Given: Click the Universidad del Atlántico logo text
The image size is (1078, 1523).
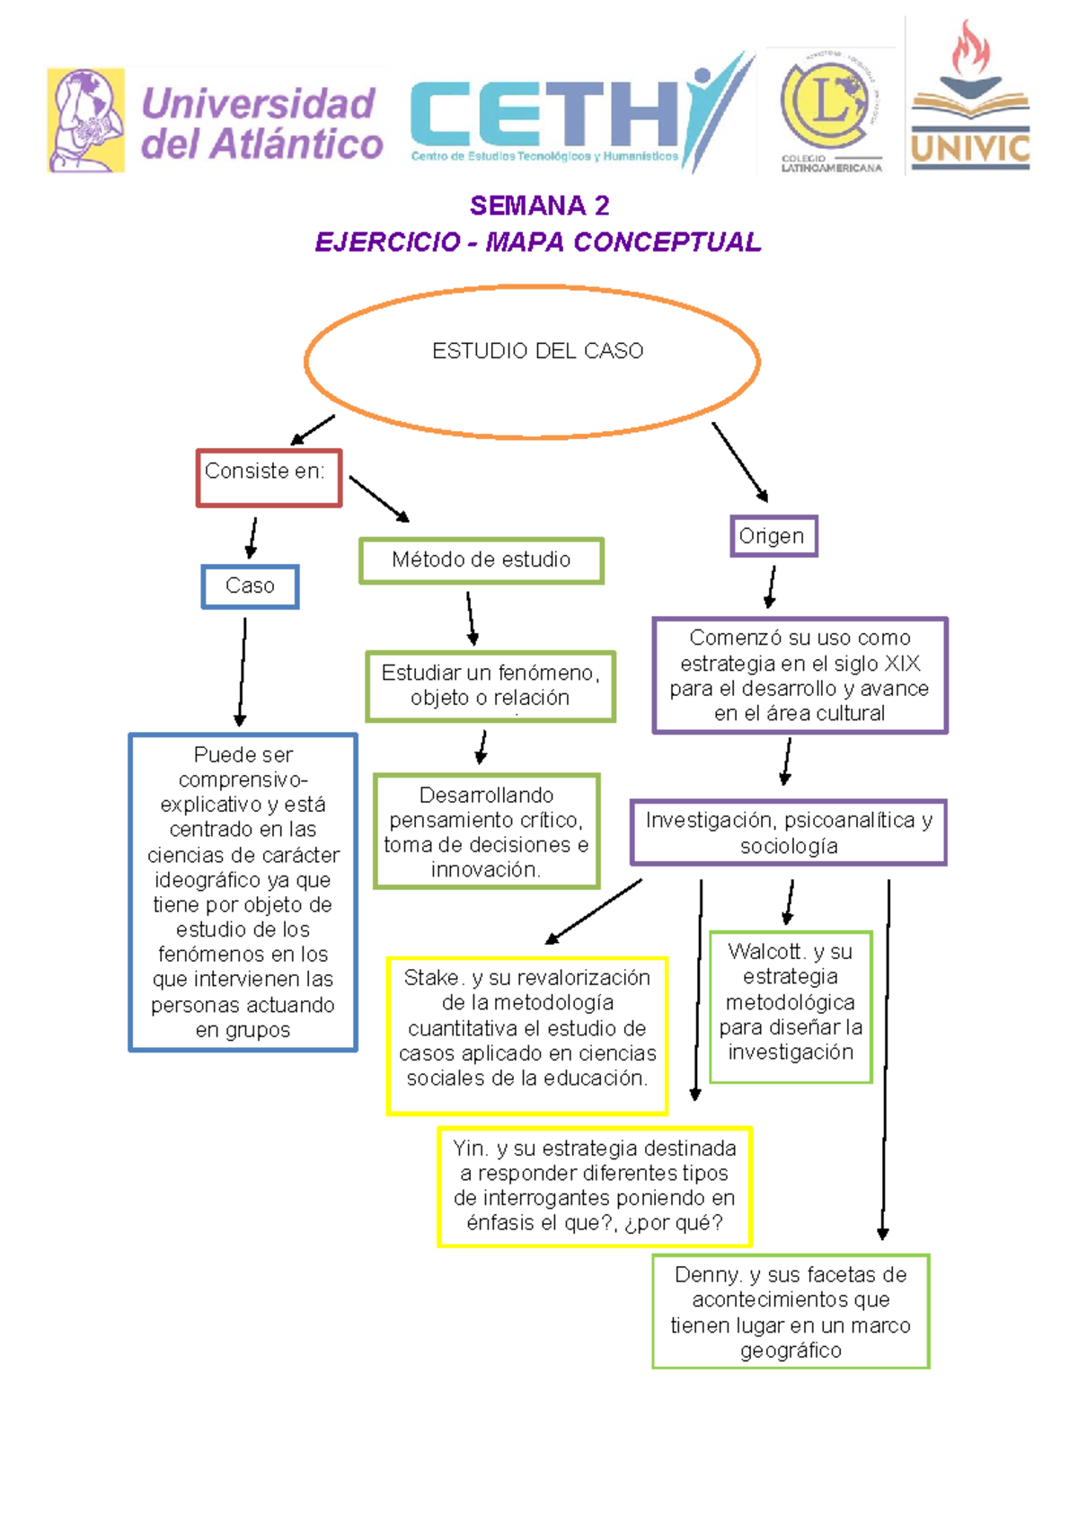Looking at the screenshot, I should coord(261,124).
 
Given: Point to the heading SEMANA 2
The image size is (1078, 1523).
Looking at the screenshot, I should coord(539,206).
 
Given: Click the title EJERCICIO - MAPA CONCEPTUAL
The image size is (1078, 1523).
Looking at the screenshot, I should coord(538,242).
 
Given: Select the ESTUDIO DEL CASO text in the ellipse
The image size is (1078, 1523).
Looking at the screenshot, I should coord(537,351).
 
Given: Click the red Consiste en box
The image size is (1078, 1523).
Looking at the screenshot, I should coord(269,478).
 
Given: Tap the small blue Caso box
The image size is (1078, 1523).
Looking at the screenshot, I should coord(250,586).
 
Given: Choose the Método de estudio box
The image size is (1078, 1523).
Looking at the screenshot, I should coord(481,560).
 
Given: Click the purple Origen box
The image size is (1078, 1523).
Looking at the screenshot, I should coord(773,536).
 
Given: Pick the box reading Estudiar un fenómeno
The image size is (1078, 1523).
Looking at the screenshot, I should coord(490,686).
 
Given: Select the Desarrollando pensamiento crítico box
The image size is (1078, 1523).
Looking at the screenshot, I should coord(486,832).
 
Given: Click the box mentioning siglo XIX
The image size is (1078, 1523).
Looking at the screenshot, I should coord(800,675).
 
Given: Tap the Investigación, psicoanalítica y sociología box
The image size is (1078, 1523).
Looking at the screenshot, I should coord(788,832).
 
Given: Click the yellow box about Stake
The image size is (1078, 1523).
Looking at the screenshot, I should coord(526,1035).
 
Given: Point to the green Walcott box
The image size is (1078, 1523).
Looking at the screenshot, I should coord(790,1007).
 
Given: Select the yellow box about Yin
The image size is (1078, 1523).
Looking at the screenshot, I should coord(594,1185).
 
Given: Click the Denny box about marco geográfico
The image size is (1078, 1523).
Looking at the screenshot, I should coord(790,1311).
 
